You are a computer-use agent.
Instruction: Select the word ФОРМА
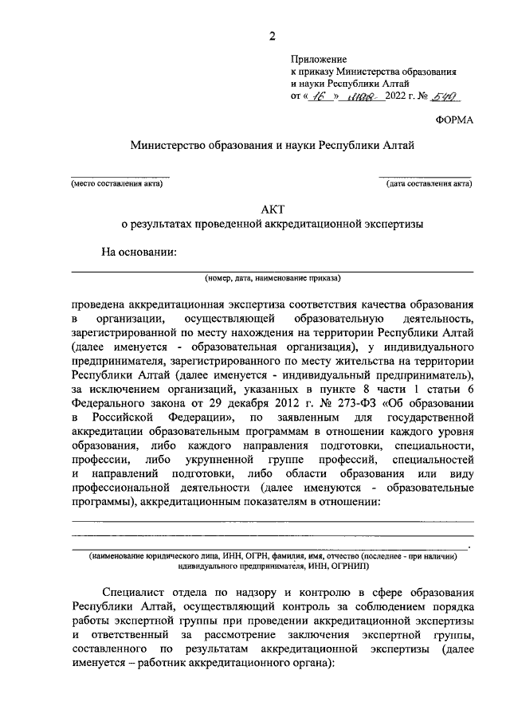pos(454,120)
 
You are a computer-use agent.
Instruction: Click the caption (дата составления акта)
pos(429,184)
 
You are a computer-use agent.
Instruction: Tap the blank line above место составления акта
pos(120,176)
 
